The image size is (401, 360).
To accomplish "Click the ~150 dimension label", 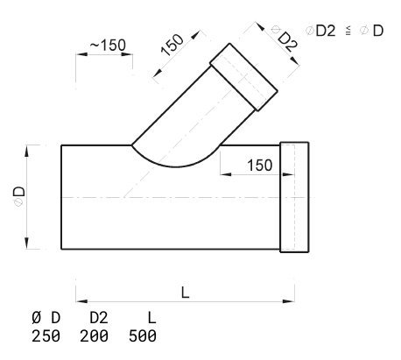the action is pyautogui.click(x=108, y=46).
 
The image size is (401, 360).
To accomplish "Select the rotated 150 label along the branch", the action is pyautogui.click(x=172, y=45).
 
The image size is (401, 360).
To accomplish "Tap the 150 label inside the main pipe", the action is pyautogui.click(x=260, y=166).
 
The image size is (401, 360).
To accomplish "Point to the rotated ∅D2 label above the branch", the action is pyautogui.click(x=285, y=38).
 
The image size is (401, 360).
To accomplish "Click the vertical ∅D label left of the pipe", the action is pyautogui.click(x=19, y=196).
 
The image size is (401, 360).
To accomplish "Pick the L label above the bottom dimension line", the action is pyautogui.click(x=185, y=293).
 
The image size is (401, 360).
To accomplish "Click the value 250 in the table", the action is pyautogui.click(x=46, y=335).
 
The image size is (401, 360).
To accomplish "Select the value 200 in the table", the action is pyautogui.click(x=94, y=335).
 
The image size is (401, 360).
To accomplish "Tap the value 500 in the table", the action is pyautogui.click(x=143, y=335).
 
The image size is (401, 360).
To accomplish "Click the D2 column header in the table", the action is pyautogui.click(x=99, y=318).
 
